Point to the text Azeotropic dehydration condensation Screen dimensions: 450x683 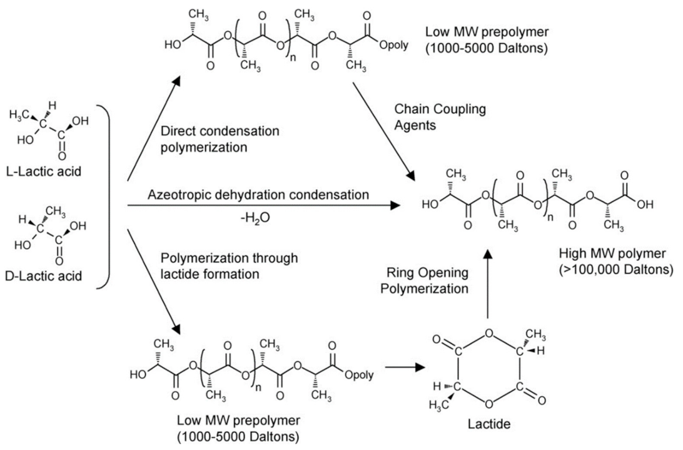pos(258,195)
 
